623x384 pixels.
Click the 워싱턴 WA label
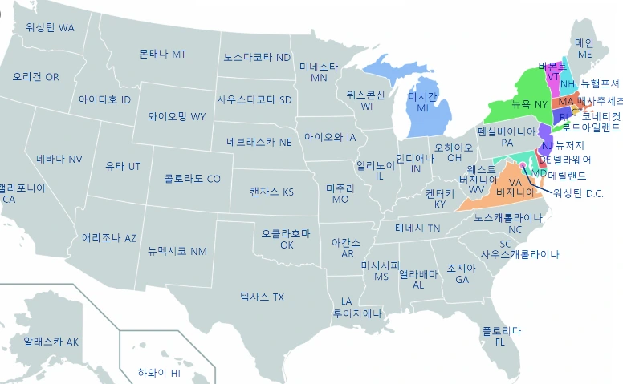click(50, 27)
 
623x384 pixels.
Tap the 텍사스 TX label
click(262, 297)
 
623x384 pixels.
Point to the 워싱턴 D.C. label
click(573, 193)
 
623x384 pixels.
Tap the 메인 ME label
click(584, 47)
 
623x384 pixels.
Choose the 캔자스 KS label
click(271, 192)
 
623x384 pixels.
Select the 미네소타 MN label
click(319, 72)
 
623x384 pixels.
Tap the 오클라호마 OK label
click(285, 239)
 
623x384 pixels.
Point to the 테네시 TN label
click(417, 228)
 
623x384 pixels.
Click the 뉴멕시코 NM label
click(177, 251)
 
